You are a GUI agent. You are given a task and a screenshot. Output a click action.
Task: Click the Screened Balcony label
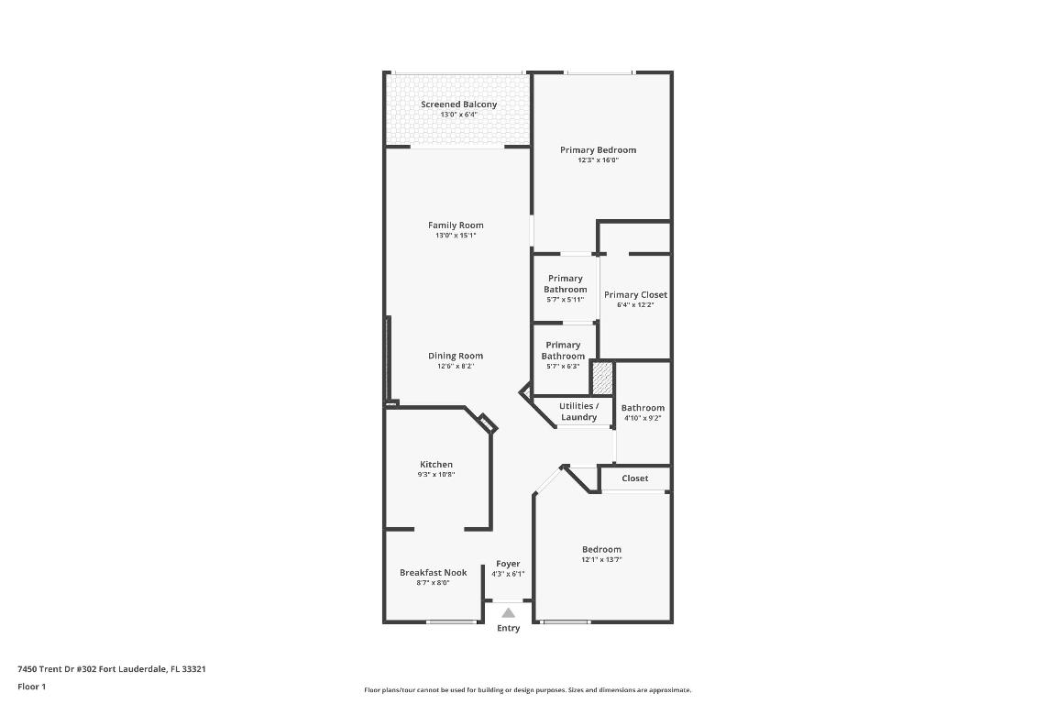tap(458, 104)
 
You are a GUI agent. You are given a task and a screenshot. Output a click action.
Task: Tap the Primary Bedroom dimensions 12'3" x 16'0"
tap(598, 160)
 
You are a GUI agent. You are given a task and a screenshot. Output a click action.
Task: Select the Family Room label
tap(456, 225)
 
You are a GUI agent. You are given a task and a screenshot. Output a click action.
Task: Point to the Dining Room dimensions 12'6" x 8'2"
tap(456, 367)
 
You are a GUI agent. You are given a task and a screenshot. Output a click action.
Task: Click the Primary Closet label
tap(635, 295)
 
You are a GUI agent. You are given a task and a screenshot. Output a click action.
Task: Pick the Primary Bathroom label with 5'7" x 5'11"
tap(565, 284)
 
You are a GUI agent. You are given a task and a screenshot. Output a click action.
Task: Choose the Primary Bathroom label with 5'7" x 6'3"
tap(563, 350)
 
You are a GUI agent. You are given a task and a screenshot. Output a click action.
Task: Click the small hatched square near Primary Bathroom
tap(601, 377)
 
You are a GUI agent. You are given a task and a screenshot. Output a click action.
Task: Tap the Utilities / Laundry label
tap(578, 412)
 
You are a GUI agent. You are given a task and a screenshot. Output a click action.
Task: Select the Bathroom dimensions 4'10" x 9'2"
tap(643, 418)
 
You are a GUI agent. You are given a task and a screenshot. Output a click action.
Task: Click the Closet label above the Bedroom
tap(634, 478)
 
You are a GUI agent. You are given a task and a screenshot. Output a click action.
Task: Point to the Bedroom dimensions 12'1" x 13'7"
tap(601, 560)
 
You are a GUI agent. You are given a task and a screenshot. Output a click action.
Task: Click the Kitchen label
tap(436, 465)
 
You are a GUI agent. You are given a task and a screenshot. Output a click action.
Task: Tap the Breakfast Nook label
tap(433, 572)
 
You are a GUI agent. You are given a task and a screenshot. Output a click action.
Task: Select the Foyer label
tap(508, 564)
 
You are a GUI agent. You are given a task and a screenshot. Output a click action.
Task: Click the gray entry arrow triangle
tap(508, 612)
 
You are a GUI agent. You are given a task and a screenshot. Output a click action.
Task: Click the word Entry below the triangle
tap(508, 628)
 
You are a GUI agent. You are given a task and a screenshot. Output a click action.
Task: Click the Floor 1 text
tap(31, 687)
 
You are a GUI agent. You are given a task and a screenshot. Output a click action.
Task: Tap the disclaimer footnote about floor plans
tap(528, 690)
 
